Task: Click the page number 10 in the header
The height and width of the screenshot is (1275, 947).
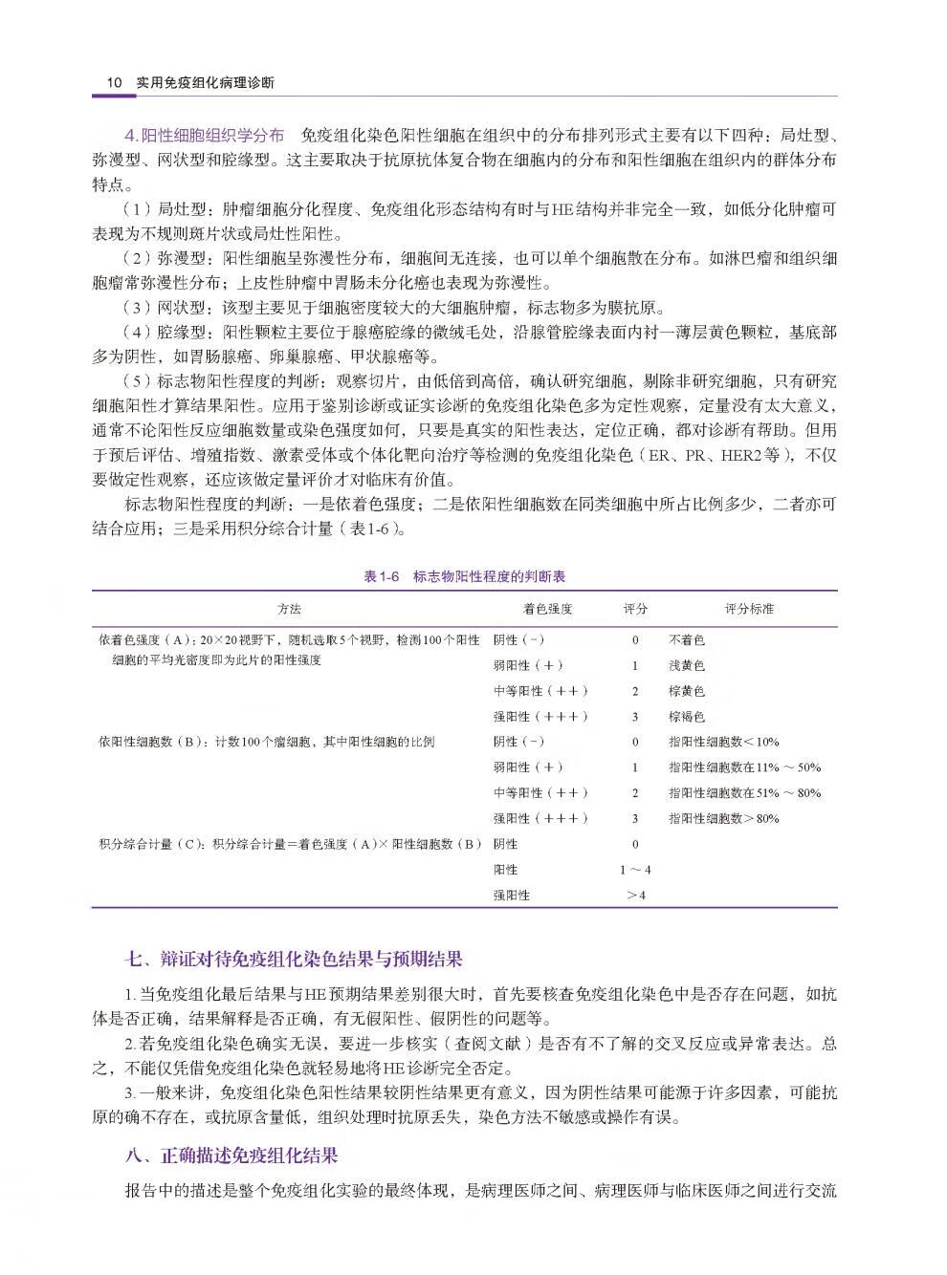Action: tap(114, 82)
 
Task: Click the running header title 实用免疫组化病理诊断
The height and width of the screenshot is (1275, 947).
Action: tap(205, 82)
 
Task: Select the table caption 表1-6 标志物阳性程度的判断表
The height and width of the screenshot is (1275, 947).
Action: tap(465, 576)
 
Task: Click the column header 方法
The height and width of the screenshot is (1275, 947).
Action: tap(289, 609)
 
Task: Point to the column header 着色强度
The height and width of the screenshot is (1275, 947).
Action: tap(547, 609)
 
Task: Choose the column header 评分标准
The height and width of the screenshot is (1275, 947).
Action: tap(749, 609)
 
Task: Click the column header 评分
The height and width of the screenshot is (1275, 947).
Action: tap(634, 609)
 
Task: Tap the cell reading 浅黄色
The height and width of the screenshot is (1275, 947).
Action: tap(686, 665)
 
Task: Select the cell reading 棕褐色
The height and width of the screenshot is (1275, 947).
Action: tap(686, 716)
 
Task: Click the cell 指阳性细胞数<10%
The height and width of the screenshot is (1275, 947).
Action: tap(723, 742)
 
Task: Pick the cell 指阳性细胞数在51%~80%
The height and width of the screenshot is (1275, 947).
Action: tap(744, 792)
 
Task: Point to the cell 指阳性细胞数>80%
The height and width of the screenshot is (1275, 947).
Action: tap(723, 818)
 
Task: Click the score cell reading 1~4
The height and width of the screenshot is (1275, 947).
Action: tap(635, 870)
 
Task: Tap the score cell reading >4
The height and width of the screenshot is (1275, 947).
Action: tap(635, 896)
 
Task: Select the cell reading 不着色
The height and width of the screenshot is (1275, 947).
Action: tap(686, 640)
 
